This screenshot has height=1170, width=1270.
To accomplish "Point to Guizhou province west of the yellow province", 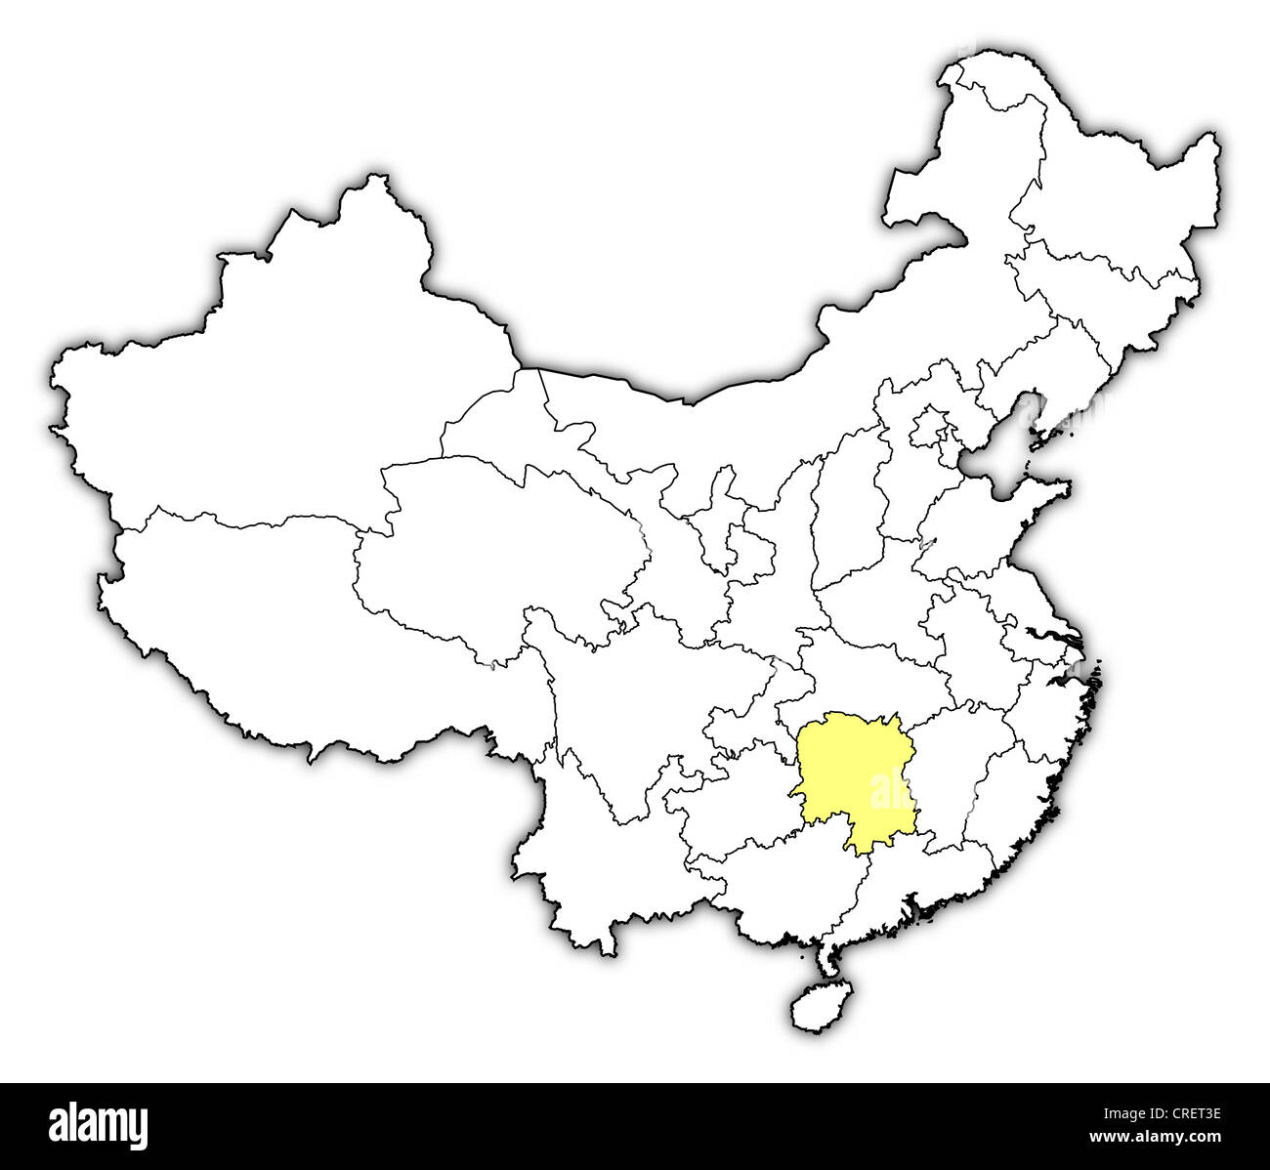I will tap(733, 791).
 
